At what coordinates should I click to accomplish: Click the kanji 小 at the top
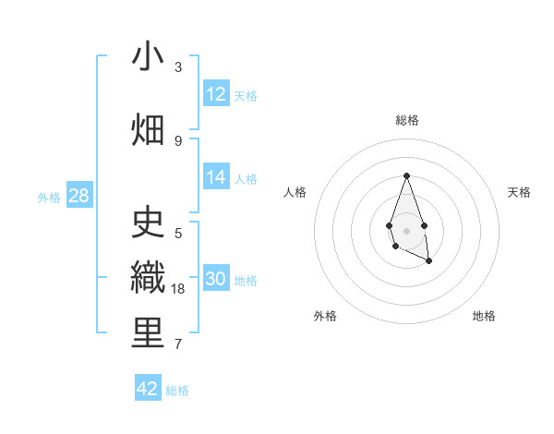(148, 57)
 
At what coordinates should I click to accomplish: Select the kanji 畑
(148, 129)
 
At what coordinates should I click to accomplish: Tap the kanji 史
(148, 222)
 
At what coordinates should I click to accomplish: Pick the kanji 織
(148, 278)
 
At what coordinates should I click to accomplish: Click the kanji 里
(148, 333)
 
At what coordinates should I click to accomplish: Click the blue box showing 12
(216, 93)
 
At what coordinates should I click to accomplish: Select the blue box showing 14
(216, 177)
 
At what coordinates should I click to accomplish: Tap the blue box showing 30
(216, 279)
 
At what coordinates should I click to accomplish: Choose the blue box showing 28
(78, 195)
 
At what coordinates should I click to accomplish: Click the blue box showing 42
(148, 389)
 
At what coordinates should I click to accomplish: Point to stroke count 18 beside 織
(179, 289)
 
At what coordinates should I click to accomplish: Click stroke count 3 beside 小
(178, 67)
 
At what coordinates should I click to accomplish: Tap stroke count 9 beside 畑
(178, 140)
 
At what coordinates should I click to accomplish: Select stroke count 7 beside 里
(178, 344)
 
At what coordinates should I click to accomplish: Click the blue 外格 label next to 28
(49, 197)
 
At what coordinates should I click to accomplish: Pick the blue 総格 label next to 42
(177, 391)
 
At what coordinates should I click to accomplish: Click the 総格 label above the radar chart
(406, 120)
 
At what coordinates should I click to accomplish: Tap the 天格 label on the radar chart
(519, 192)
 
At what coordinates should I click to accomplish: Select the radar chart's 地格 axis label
(484, 316)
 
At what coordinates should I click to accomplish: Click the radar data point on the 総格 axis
(406, 175)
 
